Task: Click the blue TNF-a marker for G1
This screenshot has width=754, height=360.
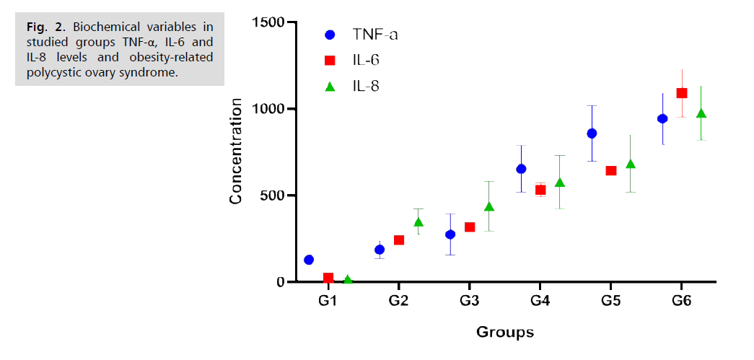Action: pyautogui.click(x=309, y=260)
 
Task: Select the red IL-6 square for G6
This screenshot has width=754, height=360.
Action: pyautogui.click(x=681, y=93)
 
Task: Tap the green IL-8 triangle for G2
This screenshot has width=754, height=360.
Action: pyautogui.click(x=418, y=222)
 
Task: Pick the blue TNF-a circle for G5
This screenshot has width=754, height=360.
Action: pyautogui.click(x=592, y=133)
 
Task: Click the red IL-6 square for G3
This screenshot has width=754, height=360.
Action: pyautogui.click(x=470, y=227)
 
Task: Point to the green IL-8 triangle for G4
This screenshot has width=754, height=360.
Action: pyautogui.click(x=560, y=183)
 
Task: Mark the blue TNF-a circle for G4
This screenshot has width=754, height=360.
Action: pyautogui.click(x=521, y=169)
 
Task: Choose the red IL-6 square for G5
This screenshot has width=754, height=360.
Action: pyautogui.click(x=610, y=171)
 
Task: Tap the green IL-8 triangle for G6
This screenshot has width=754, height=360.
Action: pyautogui.click(x=701, y=113)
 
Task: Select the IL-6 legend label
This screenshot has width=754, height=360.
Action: pyautogui.click(x=367, y=60)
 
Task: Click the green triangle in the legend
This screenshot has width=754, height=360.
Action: pyautogui.click(x=330, y=87)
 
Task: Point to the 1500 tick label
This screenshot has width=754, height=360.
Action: pyautogui.click(x=268, y=22)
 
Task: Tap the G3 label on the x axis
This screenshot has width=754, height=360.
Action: pyautogui.click(x=470, y=299)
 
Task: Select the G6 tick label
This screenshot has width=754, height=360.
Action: pyautogui.click(x=681, y=299)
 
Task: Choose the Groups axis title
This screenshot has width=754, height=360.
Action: pyautogui.click(x=504, y=332)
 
